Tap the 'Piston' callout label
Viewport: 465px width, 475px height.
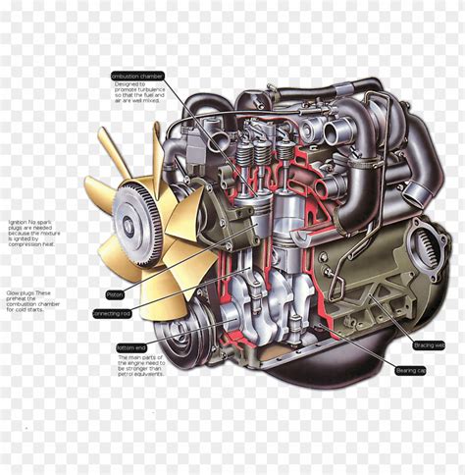point(115,294)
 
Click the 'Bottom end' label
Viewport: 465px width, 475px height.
point(130,346)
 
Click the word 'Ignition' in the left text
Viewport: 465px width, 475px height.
point(15,222)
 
